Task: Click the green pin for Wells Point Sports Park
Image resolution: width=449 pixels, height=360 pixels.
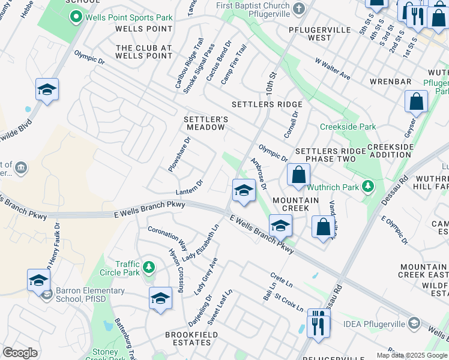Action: tap(76, 17)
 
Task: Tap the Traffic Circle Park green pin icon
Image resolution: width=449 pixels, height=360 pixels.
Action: tap(149, 266)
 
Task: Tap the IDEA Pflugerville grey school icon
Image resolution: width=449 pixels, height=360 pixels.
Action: tap(414, 324)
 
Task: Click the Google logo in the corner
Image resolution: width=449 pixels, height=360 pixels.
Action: tap(20, 353)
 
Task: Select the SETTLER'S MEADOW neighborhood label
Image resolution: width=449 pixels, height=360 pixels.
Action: tap(205, 123)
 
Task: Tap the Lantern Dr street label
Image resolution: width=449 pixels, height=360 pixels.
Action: tap(190, 187)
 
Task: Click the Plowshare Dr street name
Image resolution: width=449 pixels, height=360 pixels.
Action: tap(179, 155)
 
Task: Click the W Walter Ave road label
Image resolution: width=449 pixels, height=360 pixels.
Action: tap(333, 69)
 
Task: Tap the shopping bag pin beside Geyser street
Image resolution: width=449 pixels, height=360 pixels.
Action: tap(416, 102)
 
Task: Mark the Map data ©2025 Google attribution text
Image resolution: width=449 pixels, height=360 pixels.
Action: tap(411, 355)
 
